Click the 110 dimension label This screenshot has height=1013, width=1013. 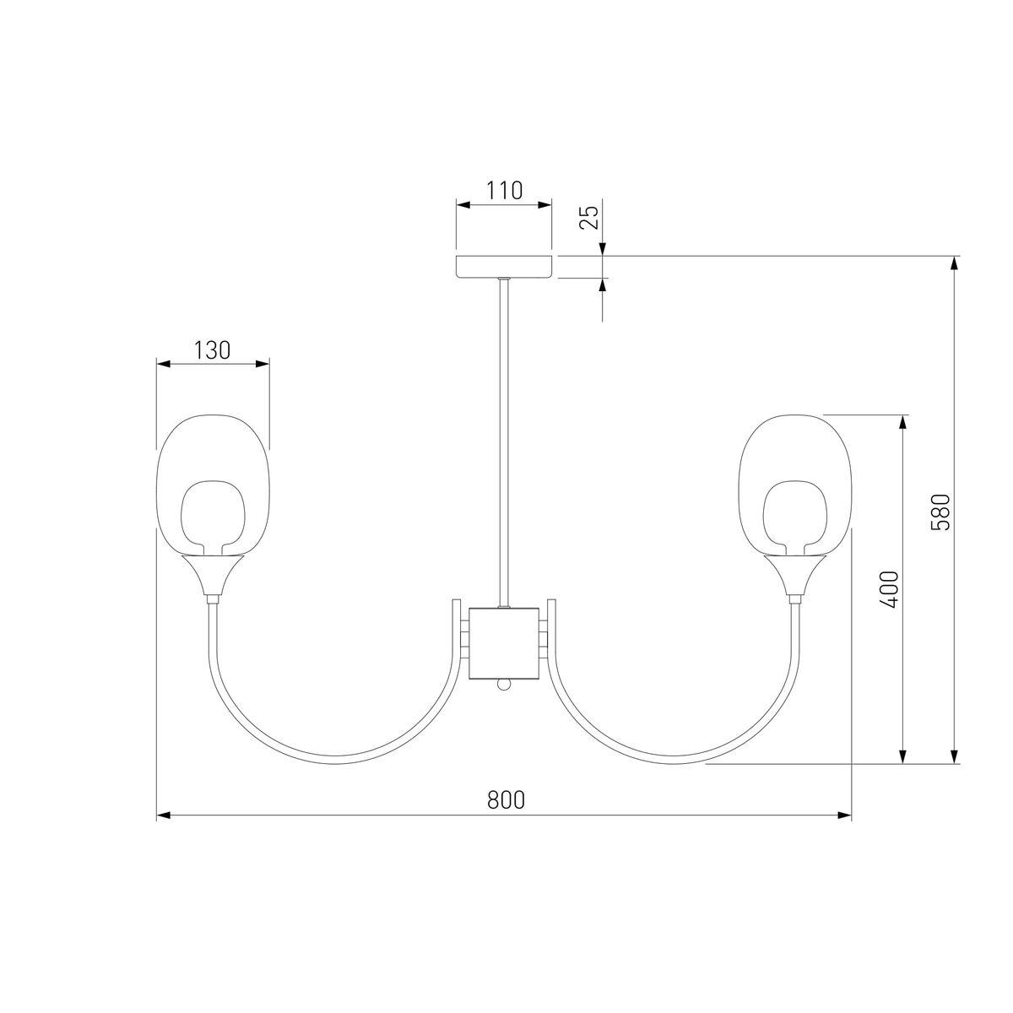point(504,190)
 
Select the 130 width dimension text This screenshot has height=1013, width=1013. point(213,350)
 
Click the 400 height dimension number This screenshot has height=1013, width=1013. point(890,588)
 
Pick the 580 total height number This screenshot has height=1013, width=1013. point(941,512)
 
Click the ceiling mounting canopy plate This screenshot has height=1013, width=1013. point(504,267)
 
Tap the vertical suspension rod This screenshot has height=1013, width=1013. point(504,443)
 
